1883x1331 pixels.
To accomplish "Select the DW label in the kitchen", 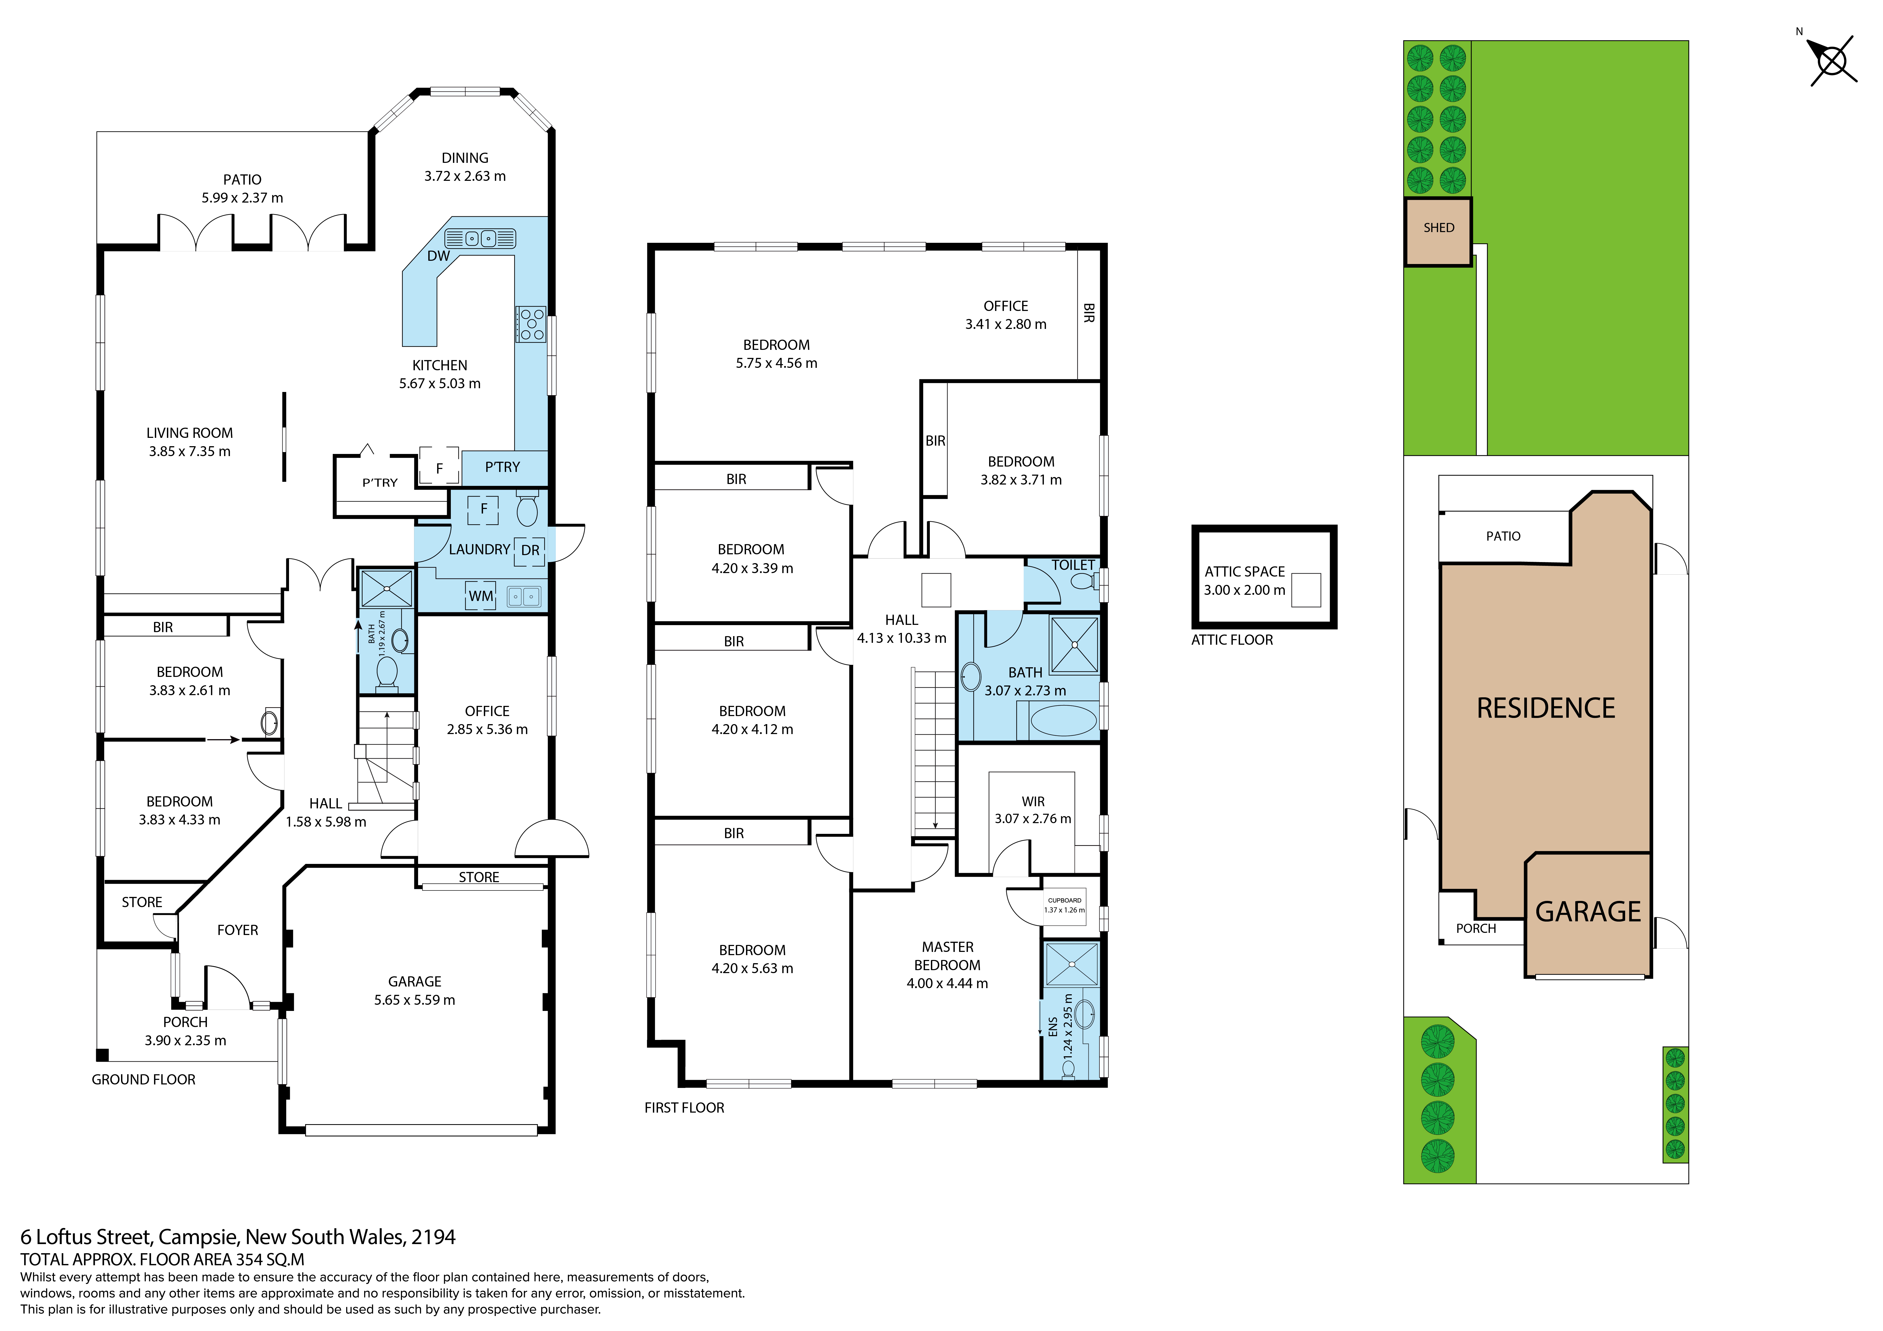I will pyautogui.click(x=438, y=256).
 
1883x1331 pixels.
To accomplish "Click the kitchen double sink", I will pyautogui.click(x=480, y=239).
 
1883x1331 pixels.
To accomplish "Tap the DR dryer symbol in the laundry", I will pyautogui.click(x=530, y=550).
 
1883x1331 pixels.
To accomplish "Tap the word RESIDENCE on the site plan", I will pyautogui.click(x=1545, y=709).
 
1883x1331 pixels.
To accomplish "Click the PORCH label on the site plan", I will pyautogui.click(x=1475, y=928).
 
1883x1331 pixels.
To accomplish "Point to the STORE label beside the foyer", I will pyautogui.click(x=142, y=902).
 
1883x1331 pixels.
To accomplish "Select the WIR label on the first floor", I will pyautogui.click(x=1033, y=801).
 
